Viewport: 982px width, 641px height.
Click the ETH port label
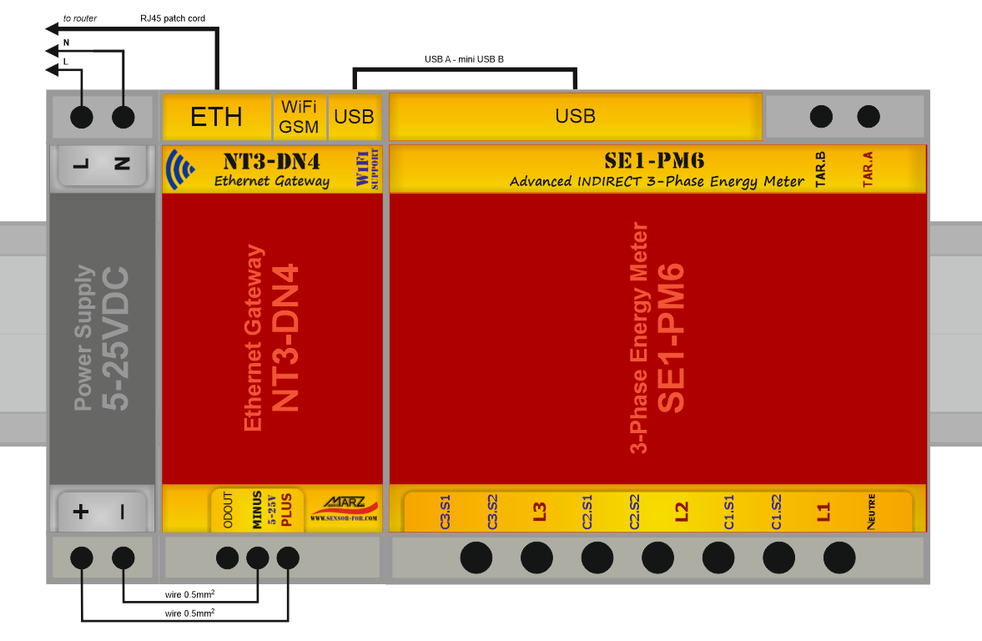(x=216, y=117)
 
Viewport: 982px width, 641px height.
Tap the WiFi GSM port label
(x=299, y=117)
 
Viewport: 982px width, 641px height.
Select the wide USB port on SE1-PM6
(x=575, y=117)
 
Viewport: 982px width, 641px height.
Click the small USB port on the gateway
(x=354, y=117)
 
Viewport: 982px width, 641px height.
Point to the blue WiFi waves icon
(x=180, y=169)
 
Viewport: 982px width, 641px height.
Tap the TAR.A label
(x=868, y=169)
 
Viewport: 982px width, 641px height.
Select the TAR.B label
(x=820, y=169)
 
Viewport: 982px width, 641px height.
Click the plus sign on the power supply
(x=81, y=512)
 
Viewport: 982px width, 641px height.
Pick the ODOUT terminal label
(x=228, y=510)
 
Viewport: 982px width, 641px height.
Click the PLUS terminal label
(x=286, y=510)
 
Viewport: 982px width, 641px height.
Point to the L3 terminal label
(x=540, y=512)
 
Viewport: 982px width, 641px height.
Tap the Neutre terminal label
(x=871, y=512)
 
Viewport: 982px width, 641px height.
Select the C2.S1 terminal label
(x=587, y=512)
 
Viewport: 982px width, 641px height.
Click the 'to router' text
(x=80, y=18)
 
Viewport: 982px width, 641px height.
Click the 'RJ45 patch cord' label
(x=173, y=18)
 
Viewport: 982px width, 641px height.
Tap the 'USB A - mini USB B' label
(x=464, y=59)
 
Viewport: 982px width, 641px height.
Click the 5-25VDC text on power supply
(x=115, y=339)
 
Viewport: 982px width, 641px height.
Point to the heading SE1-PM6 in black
(x=654, y=161)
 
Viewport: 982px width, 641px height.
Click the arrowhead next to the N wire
(x=53, y=51)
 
